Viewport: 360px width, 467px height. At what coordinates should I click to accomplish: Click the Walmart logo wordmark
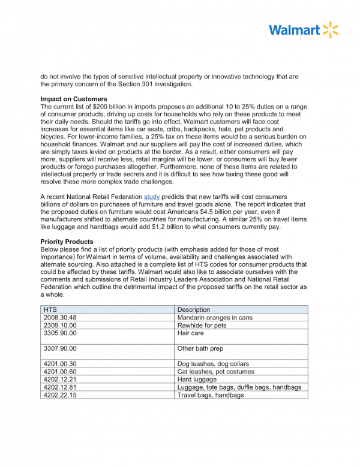point(294,30)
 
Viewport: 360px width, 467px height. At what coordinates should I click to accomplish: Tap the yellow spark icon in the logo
point(331,30)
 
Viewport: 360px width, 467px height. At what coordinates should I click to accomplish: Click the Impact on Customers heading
point(74,99)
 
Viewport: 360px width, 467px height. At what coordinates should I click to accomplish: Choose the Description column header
point(194,309)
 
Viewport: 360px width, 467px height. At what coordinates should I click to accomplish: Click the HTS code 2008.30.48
point(61,317)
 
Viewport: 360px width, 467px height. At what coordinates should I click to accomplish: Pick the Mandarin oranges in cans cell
point(215,317)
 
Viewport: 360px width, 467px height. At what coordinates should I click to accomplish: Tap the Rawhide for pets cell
point(202,325)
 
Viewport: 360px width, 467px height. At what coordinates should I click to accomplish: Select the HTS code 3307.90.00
point(61,348)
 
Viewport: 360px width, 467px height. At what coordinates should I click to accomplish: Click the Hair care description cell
point(191,333)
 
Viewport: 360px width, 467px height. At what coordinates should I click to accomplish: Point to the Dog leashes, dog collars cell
point(213,364)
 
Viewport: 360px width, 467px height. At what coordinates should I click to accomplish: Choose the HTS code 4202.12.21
point(61,379)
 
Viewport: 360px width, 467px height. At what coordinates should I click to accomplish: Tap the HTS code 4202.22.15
point(61,395)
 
